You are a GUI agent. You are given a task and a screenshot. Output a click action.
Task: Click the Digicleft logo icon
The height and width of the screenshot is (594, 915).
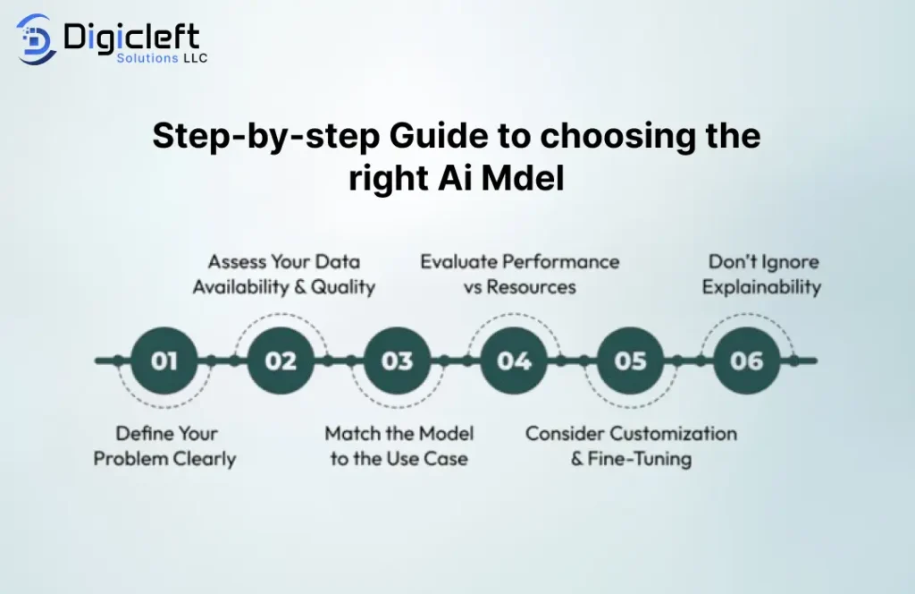36,39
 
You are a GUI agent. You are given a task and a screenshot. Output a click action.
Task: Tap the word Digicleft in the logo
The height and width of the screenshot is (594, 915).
131,38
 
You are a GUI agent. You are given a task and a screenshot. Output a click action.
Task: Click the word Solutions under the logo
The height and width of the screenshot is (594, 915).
147,58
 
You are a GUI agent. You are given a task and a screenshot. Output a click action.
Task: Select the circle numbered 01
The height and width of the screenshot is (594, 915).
164,361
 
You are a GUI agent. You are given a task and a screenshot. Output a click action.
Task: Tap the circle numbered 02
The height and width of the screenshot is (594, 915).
281,361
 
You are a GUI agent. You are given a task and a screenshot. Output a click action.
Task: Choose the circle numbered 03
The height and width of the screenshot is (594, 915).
398,361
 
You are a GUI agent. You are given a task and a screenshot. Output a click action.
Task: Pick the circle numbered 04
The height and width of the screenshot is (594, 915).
514,361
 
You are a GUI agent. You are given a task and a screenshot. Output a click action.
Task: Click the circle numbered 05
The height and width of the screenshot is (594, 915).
630,361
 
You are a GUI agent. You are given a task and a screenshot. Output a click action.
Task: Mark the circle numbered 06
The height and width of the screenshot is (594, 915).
747,361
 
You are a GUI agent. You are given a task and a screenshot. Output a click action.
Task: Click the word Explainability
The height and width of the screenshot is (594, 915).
761,287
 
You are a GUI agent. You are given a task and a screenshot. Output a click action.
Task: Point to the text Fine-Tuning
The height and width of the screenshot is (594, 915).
640,459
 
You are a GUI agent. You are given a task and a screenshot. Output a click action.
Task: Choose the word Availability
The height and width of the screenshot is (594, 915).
241,287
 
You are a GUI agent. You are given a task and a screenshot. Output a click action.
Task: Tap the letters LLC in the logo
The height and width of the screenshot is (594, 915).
196,58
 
